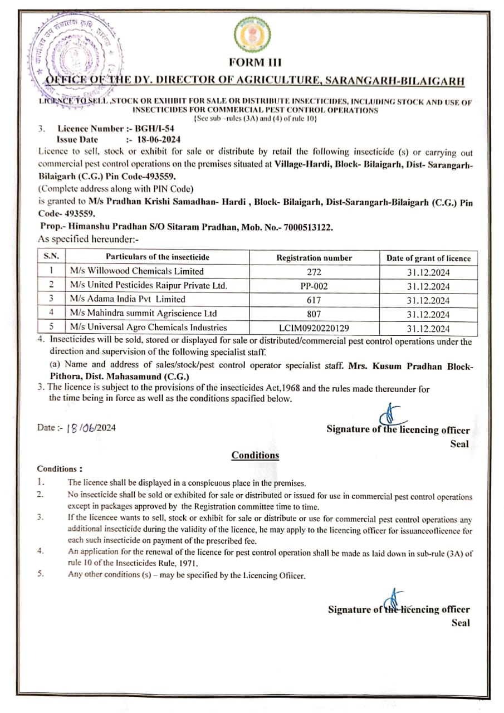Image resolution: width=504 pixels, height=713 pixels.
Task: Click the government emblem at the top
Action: (x=252, y=35)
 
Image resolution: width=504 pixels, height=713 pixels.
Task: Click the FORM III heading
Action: (x=252, y=62)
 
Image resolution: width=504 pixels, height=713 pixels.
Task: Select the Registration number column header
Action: (x=314, y=258)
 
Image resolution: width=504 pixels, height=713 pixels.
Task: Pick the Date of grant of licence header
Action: (x=428, y=258)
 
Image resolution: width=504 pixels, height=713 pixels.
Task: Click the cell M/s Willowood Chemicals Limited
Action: (x=137, y=271)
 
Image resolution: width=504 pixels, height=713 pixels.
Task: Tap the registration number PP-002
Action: (x=314, y=286)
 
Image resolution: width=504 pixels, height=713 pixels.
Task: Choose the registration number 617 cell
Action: (x=314, y=300)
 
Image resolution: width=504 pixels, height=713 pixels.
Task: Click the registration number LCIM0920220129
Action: (x=314, y=328)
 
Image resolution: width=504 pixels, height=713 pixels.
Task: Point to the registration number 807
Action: (x=314, y=314)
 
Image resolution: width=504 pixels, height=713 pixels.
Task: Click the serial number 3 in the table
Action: (x=51, y=300)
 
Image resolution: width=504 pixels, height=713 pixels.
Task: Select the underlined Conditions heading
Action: (x=255, y=455)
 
